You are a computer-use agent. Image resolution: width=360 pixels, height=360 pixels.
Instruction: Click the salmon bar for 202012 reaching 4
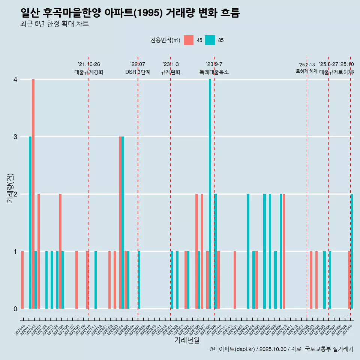click(33, 194)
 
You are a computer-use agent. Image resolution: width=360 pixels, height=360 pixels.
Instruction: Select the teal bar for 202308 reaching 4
click(210, 194)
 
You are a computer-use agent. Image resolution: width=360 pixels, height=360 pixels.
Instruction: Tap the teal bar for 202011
click(30, 222)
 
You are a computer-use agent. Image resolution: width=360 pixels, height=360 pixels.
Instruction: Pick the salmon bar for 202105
click(60, 251)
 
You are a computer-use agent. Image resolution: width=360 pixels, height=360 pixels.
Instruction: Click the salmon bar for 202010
click(22, 280)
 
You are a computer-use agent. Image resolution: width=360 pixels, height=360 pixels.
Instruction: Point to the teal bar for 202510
click(352, 251)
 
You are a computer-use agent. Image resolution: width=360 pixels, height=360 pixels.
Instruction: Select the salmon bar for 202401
click(235, 280)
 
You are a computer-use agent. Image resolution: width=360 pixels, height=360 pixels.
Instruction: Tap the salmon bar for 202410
click(284, 251)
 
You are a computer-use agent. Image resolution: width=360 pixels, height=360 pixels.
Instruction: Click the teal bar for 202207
click(139, 280)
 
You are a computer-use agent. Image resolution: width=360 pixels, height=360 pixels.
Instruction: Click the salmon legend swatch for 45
click(189, 40)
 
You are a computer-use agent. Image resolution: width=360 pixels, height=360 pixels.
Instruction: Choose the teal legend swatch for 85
click(210, 40)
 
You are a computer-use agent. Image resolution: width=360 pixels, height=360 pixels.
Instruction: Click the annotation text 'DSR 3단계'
click(138, 72)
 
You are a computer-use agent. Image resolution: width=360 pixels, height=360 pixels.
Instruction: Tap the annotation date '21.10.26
click(89, 64)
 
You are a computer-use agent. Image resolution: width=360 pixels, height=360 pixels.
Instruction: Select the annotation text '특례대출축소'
click(214, 72)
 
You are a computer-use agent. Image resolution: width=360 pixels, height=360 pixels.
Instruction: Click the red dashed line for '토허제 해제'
click(307, 187)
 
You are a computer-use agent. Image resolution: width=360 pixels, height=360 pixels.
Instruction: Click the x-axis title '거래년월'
click(187, 340)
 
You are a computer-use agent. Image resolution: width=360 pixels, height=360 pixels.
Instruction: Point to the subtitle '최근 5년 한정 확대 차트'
click(55, 24)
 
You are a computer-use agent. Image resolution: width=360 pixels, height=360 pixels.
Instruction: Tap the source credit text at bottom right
click(281, 349)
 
